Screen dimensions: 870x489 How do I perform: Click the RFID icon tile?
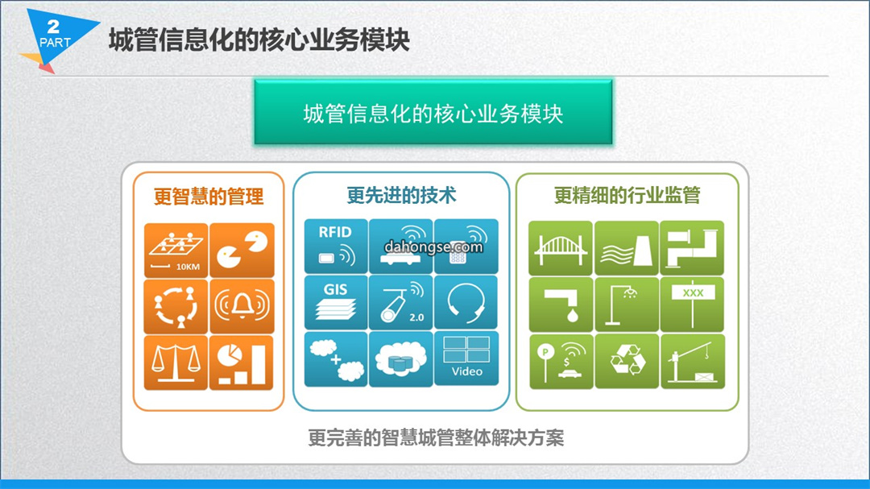tap(336, 246)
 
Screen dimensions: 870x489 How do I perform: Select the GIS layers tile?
tap(336, 302)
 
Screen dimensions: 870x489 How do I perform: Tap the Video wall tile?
tap(466, 358)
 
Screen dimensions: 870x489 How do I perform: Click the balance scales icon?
tap(176, 363)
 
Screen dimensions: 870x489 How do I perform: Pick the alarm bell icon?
tap(242, 306)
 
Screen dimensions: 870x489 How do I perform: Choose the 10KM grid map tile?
tap(176, 251)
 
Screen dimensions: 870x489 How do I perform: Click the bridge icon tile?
tap(561, 248)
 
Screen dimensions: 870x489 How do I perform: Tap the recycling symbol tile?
tap(627, 361)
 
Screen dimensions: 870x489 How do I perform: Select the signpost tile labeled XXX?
tap(693, 305)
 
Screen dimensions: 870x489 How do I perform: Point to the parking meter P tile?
tap(561, 361)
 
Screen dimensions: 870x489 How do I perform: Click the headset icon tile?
tap(466, 302)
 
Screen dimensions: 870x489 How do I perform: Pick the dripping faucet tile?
tap(561, 305)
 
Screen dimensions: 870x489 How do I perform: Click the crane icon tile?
tap(693, 361)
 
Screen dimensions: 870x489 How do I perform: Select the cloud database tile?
tap(400, 358)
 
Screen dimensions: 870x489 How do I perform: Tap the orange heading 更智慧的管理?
tap(209, 197)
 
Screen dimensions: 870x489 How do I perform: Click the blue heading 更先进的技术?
tap(401, 196)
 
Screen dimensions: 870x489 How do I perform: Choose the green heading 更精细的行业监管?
tap(627, 196)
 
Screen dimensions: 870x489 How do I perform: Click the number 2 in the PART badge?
tap(53, 26)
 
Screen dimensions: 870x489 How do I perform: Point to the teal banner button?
tap(433, 112)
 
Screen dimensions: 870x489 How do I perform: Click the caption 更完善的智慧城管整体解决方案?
tap(436, 438)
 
